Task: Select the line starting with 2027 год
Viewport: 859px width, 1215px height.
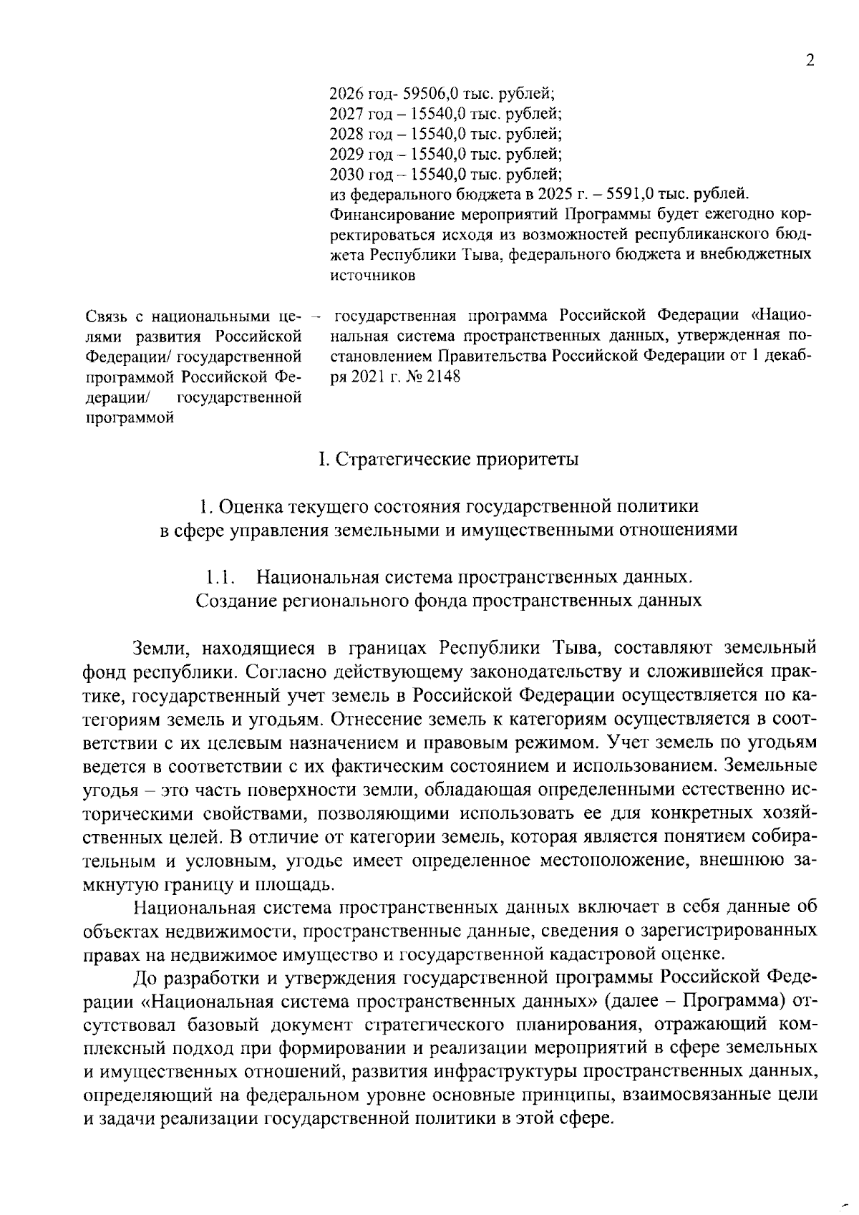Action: point(445,113)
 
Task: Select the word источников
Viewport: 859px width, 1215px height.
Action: point(372,274)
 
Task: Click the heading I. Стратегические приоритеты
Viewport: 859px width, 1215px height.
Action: point(449,459)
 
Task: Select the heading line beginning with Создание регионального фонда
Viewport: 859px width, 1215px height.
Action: point(449,600)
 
